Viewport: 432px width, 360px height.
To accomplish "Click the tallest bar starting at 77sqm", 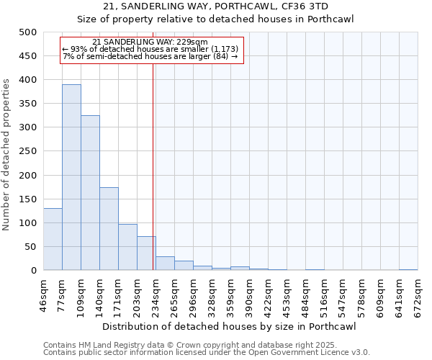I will click(x=71, y=177).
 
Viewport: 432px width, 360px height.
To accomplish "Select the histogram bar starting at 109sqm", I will click(x=90, y=193).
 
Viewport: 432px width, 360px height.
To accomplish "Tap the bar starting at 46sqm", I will click(x=53, y=239).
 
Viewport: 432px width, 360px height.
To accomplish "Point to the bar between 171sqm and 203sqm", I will click(x=127, y=247).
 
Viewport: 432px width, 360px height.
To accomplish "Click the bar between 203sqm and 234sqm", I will click(x=146, y=253).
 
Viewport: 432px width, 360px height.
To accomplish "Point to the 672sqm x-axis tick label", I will click(x=418, y=294).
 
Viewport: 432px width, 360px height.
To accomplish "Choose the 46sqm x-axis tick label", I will click(x=43, y=294).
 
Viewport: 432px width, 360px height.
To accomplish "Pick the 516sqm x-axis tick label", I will click(x=324, y=294).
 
